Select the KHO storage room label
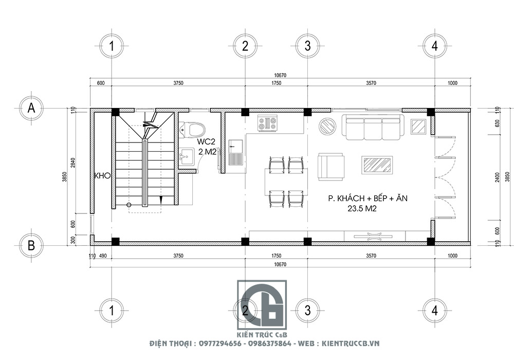(x=103, y=176)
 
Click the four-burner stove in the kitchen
(x=268, y=123)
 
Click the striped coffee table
(x=378, y=165)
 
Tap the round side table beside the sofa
(x=327, y=126)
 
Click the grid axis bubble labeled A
(x=31, y=109)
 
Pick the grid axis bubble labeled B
(x=31, y=245)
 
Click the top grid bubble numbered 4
(x=434, y=46)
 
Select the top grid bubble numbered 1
(x=111, y=46)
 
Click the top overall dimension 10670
(x=280, y=76)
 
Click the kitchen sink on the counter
(x=236, y=153)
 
